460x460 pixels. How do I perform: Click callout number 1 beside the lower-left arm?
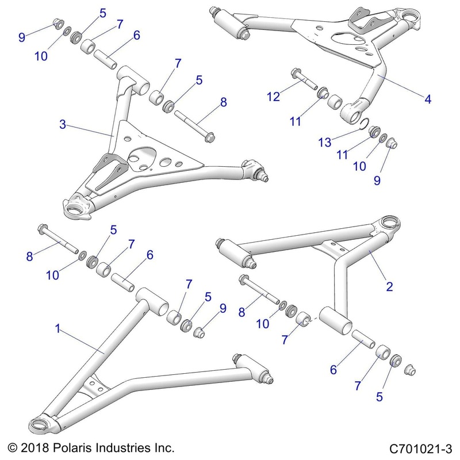point(57,329)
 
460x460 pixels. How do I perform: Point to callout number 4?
point(427,98)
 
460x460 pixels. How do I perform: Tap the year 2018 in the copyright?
point(34,447)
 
